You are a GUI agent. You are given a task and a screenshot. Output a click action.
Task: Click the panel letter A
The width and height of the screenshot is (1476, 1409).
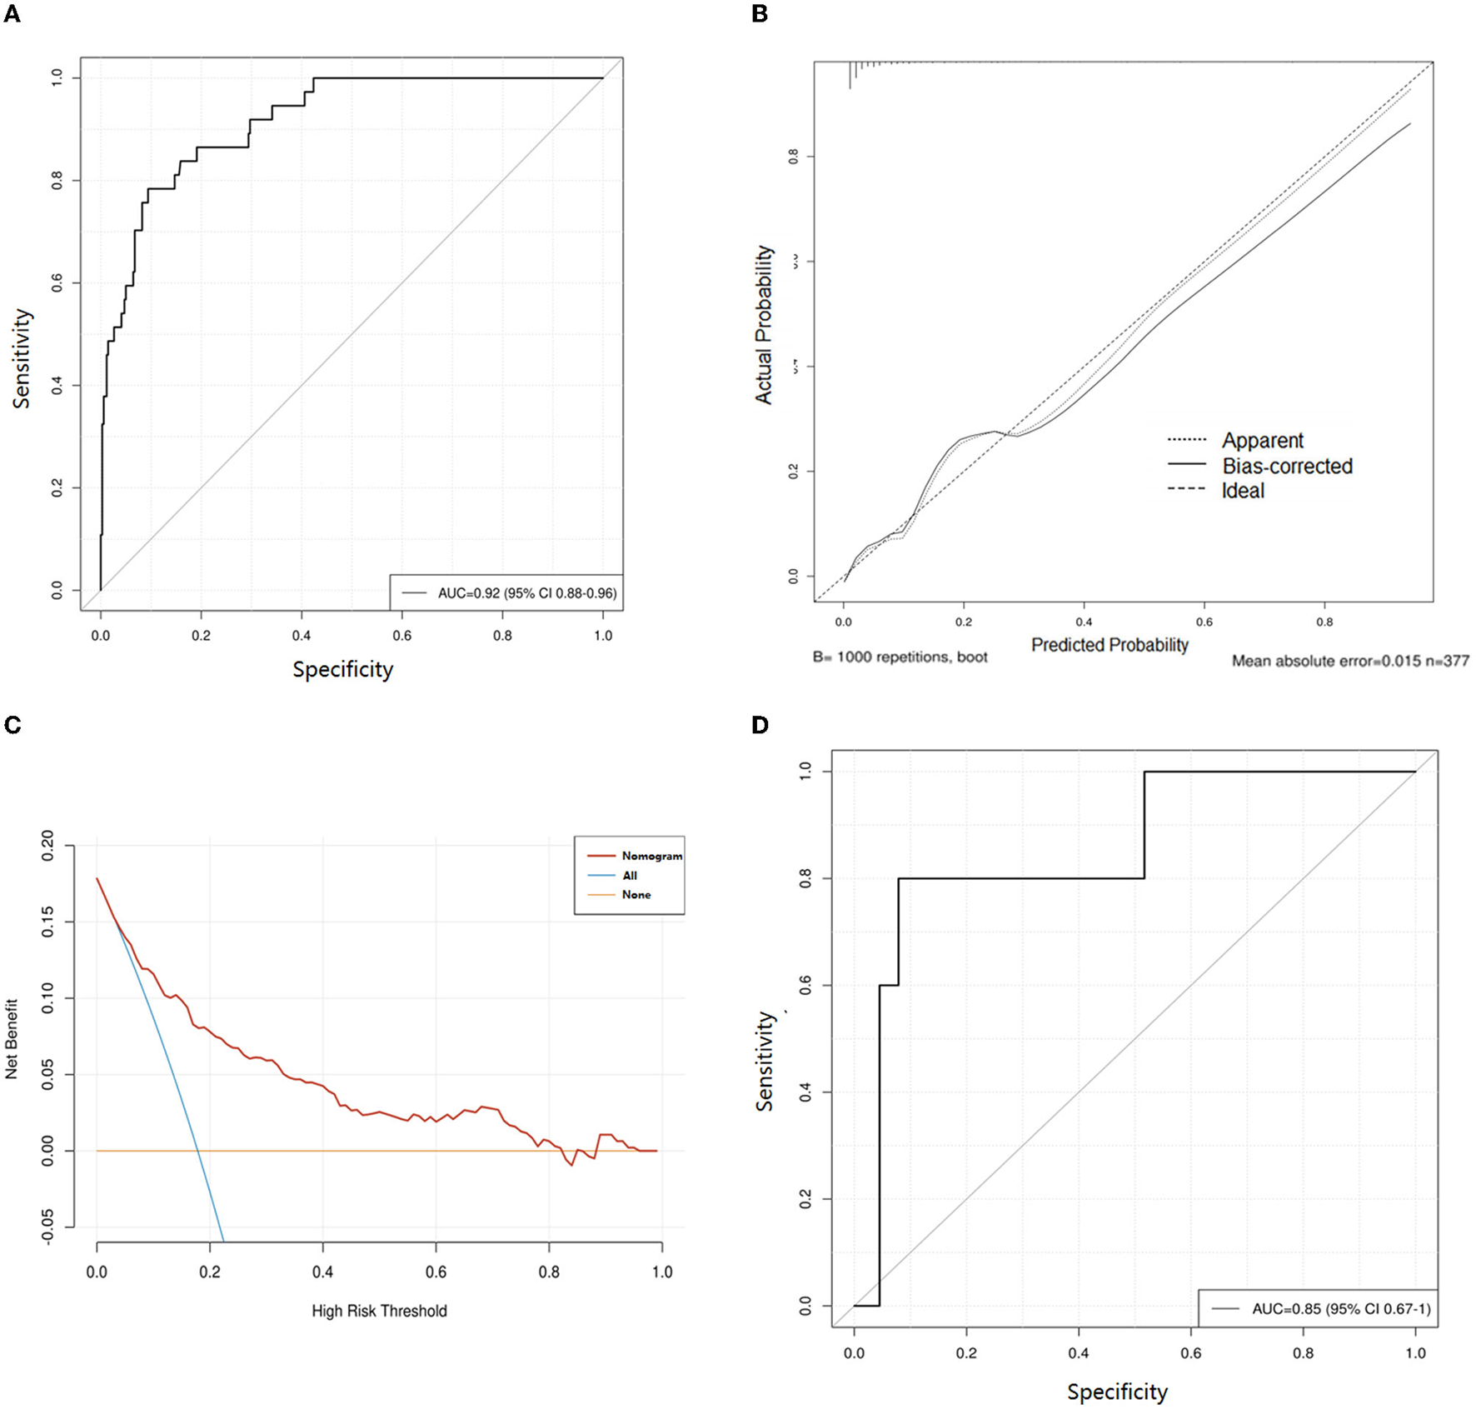coord(12,14)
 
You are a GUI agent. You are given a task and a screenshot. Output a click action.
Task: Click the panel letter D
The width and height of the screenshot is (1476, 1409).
coord(760,725)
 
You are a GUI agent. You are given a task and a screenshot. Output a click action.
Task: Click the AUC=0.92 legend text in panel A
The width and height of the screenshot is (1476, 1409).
coord(526,593)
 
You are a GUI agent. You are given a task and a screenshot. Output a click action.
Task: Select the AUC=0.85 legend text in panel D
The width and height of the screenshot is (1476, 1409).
coord(1340,1309)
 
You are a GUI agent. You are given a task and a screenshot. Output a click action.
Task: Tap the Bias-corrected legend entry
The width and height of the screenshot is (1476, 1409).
coord(1287,466)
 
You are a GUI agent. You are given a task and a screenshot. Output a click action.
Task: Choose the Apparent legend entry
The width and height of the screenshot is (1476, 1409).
coord(1262,440)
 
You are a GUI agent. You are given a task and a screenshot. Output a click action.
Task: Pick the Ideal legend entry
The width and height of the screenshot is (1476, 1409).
coord(1243,491)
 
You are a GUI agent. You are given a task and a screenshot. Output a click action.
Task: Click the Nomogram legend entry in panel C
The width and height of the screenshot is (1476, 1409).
coord(651,856)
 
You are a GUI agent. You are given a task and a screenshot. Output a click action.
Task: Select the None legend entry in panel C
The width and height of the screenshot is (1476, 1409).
coord(636,895)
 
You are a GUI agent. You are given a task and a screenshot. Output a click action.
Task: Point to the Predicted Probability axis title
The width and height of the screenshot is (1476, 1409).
coord(1109,645)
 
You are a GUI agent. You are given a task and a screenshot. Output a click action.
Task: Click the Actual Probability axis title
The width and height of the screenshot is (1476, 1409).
coord(764,325)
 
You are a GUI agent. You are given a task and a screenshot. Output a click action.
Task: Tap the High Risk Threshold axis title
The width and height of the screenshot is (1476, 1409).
coord(379,1311)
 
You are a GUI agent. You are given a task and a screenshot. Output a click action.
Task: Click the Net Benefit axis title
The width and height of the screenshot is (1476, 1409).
coord(12,1039)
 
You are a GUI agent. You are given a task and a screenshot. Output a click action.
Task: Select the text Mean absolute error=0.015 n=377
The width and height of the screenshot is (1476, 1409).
coord(1349,661)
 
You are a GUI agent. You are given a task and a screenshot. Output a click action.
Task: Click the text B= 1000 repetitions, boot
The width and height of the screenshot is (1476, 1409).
coord(900,657)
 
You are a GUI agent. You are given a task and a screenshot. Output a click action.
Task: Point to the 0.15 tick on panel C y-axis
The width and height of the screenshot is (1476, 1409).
coord(47,922)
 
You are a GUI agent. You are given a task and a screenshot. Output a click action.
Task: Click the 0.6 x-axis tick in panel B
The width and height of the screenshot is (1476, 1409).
coord(1204,622)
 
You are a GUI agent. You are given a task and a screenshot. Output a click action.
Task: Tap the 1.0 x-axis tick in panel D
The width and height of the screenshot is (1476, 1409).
coord(1415,1353)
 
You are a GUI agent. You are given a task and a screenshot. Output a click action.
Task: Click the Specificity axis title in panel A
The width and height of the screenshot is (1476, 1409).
coord(342,669)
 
